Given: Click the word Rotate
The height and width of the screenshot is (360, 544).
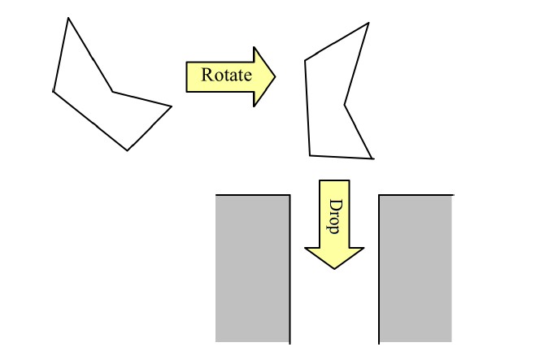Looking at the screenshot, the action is coord(227,75).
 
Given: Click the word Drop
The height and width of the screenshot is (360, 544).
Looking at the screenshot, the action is coord(333,216).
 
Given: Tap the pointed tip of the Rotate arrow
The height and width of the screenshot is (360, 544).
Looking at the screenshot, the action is coord(275,76).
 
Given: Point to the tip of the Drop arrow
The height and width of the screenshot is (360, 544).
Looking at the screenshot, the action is coord(334,268).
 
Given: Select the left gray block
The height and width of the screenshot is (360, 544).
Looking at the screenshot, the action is coord(253,269).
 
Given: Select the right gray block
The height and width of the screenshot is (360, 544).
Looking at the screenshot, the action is coord(416,269).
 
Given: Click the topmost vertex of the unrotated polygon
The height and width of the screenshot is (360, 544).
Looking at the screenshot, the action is coord(68,18).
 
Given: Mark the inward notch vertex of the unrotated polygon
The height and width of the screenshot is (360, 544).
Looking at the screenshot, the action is coord(112,92).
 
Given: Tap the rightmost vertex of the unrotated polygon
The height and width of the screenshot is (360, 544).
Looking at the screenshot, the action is coord(172,106).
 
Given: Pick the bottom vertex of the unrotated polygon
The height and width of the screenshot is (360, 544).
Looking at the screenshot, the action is coord(128,150).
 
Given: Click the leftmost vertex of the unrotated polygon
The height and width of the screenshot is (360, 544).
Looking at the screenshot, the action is coord(53,92).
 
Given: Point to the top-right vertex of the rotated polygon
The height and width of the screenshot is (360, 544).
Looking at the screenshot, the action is coord(368,23).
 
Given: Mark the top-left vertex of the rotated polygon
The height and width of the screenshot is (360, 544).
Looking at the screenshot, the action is coord(305,61).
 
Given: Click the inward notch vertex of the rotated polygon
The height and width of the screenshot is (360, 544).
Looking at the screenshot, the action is coord(345,105).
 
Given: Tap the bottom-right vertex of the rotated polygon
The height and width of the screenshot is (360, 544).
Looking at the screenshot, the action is coord(372,158).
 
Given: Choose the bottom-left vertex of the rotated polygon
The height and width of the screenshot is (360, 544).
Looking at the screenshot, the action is coord(310,156).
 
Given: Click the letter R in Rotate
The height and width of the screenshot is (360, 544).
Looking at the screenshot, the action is coord(207,75).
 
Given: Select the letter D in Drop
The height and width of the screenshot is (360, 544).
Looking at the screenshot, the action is coord(333,205).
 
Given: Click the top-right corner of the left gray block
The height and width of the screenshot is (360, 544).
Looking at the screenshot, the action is coord(290,195).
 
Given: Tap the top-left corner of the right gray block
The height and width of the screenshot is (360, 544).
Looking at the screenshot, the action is coord(379,195).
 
